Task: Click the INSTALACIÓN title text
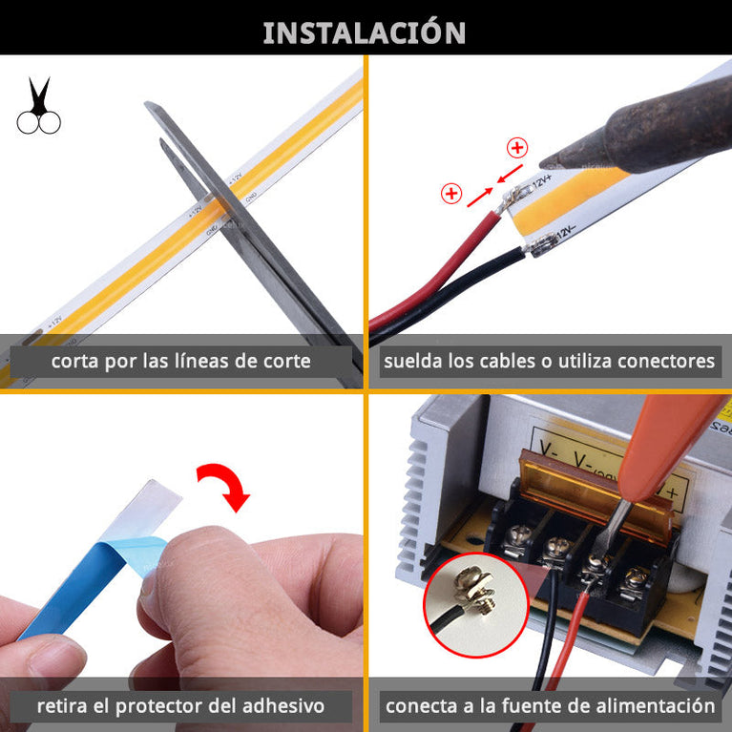pyautogui.click(x=365, y=32)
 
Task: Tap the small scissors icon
pyautogui.click(x=38, y=107)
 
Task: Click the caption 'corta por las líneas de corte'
pyautogui.click(x=180, y=361)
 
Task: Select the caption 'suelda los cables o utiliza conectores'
pyautogui.click(x=549, y=361)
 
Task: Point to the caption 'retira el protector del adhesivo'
pyautogui.click(x=180, y=706)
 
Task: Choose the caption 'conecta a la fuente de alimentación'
pyautogui.click(x=549, y=706)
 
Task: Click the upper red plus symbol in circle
pyautogui.click(x=517, y=147)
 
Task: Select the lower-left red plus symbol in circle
pyautogui.click(x=450, y=194)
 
